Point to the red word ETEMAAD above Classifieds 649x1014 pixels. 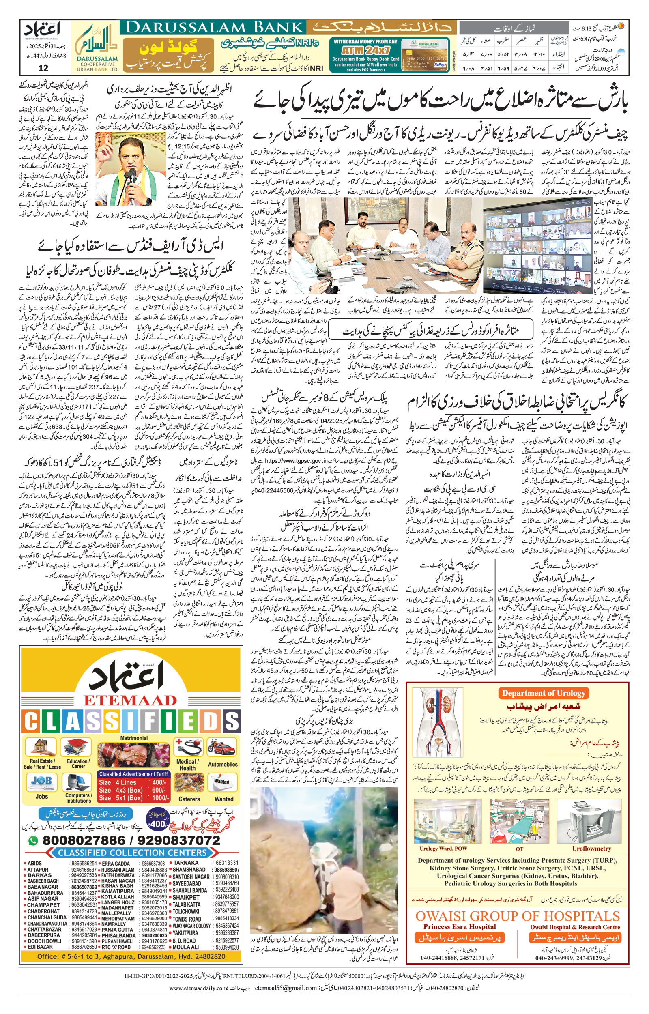130,700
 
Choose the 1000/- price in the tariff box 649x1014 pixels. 159,798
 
